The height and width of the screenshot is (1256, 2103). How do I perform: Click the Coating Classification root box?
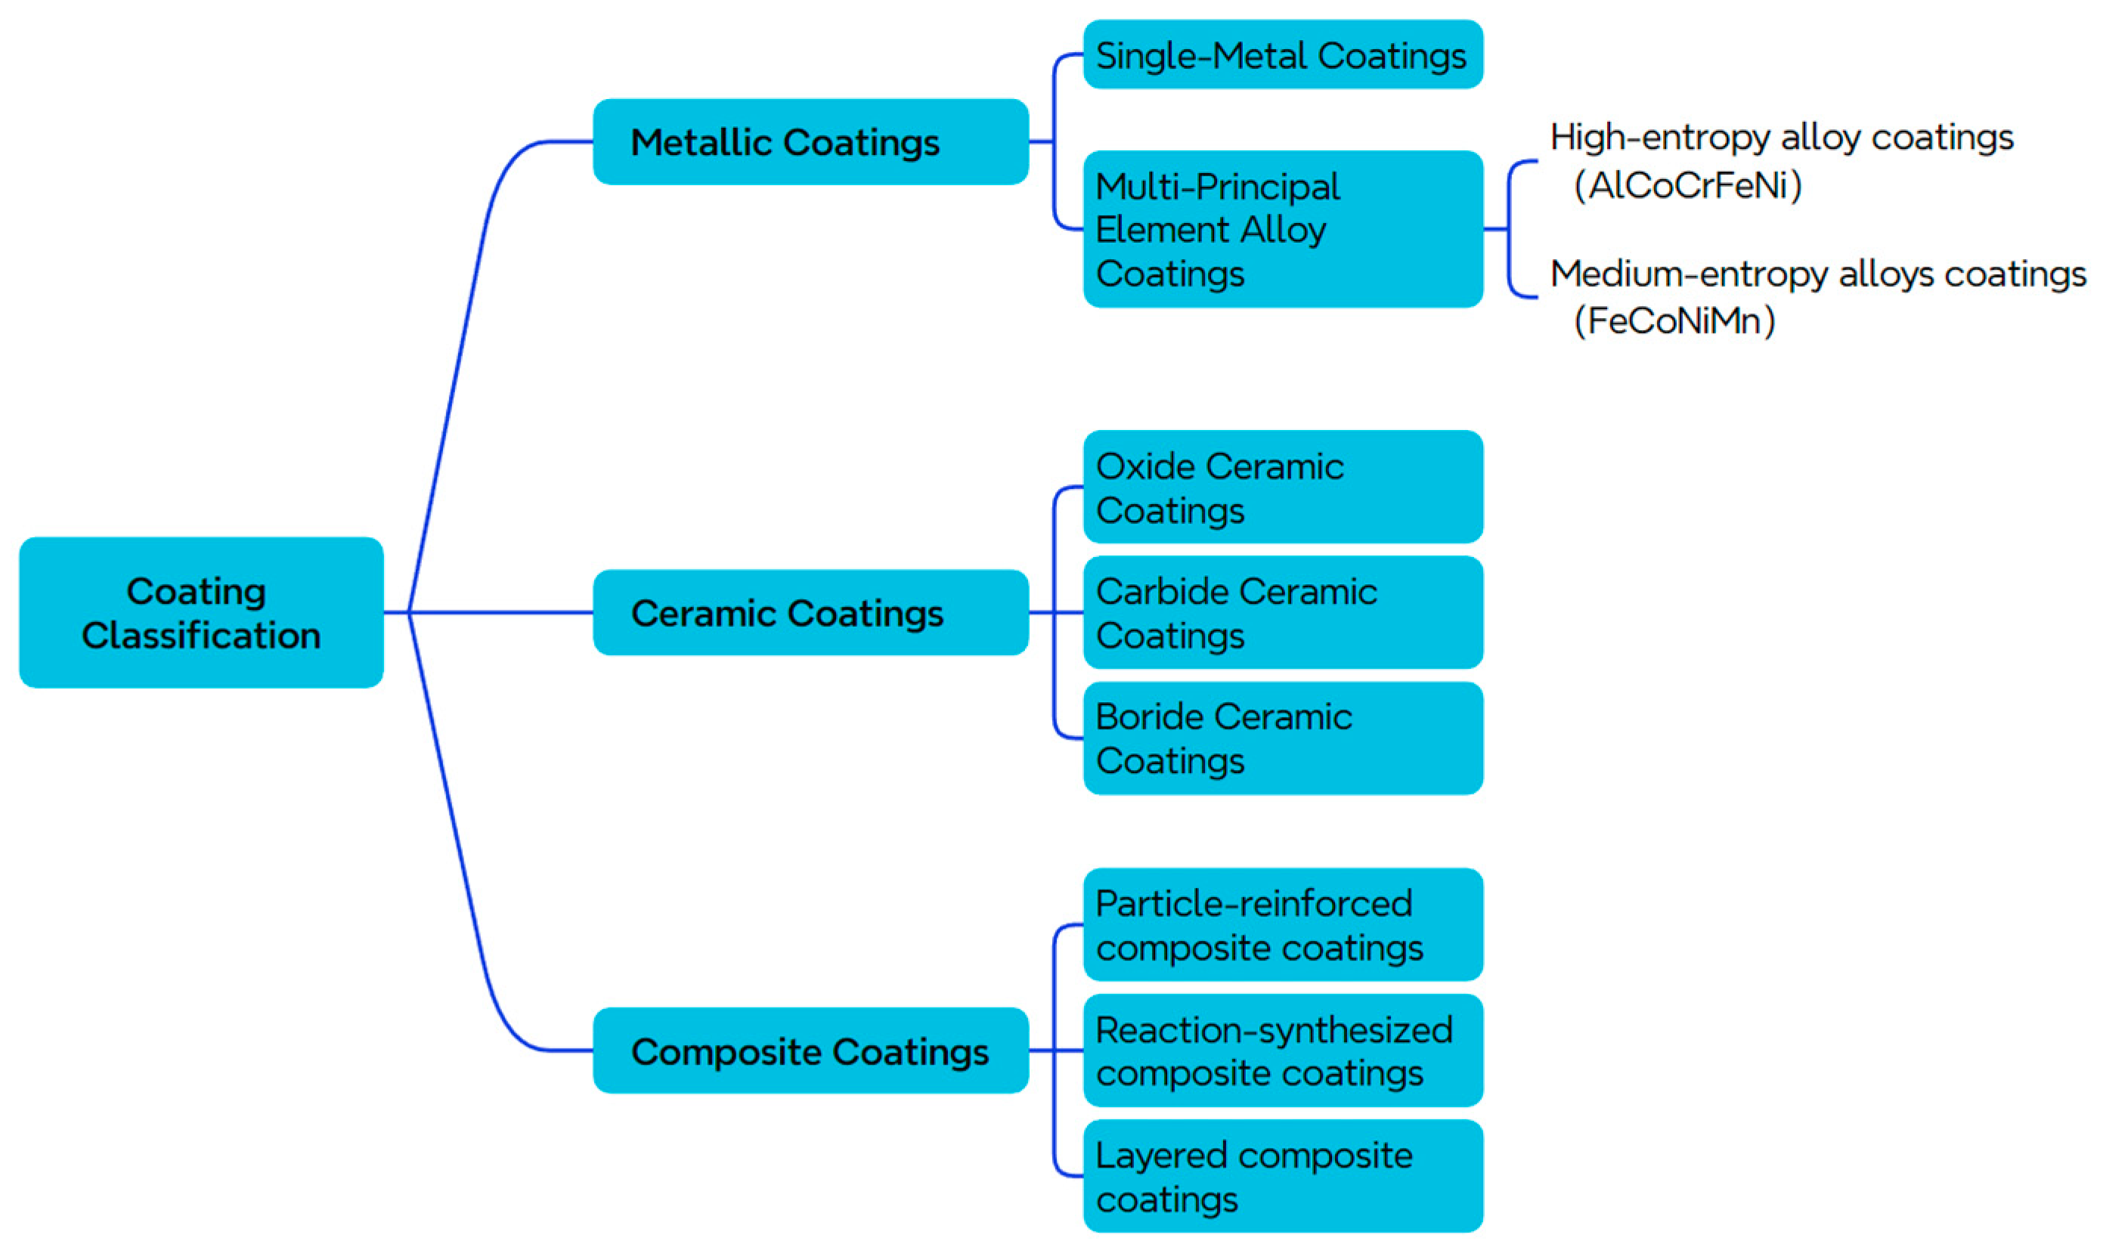coord(200,612)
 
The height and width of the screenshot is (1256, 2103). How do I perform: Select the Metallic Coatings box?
coord(810,141)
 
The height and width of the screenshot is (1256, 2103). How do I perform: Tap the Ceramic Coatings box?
coord(810,612)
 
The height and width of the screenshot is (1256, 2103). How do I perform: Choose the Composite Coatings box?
coord(810,1050)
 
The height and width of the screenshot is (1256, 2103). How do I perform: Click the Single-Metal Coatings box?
coord(1282,55)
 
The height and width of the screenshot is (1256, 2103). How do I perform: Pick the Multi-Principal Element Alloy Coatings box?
coord(1282,228)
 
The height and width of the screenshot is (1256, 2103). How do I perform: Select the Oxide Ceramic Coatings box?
coord(1282,487)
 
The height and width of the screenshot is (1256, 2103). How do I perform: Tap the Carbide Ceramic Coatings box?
coord(1282,612)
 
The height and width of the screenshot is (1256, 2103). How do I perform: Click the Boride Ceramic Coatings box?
coord(1282,738)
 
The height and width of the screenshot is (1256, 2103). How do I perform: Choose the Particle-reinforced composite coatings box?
coord(1282,924)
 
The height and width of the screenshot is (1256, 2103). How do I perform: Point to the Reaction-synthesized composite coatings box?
coord(1282,1050)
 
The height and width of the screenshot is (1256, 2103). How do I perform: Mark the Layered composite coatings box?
coord(1282,1176)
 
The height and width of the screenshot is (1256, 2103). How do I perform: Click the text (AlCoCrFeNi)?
coord(1687,185)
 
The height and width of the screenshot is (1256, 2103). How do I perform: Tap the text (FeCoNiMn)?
coord(1674,320)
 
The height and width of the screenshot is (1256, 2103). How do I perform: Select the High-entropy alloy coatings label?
coord(1780,137)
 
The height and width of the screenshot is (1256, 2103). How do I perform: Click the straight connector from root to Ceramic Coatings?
coord(500,612)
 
